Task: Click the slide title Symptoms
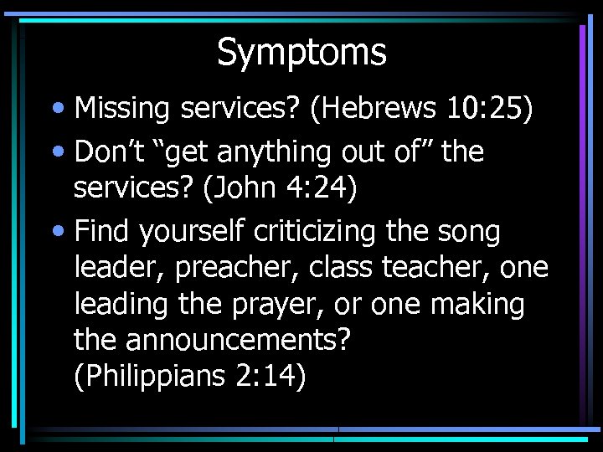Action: click(301, 52)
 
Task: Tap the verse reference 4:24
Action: click(330, 188)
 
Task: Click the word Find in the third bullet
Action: click(101, 232)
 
